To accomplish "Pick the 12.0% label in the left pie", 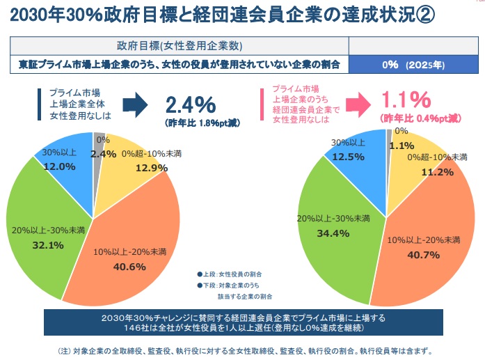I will [58, 166].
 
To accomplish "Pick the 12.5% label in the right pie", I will [348, 156].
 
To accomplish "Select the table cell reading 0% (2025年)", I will [413, 65].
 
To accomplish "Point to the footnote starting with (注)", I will [242, 351].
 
